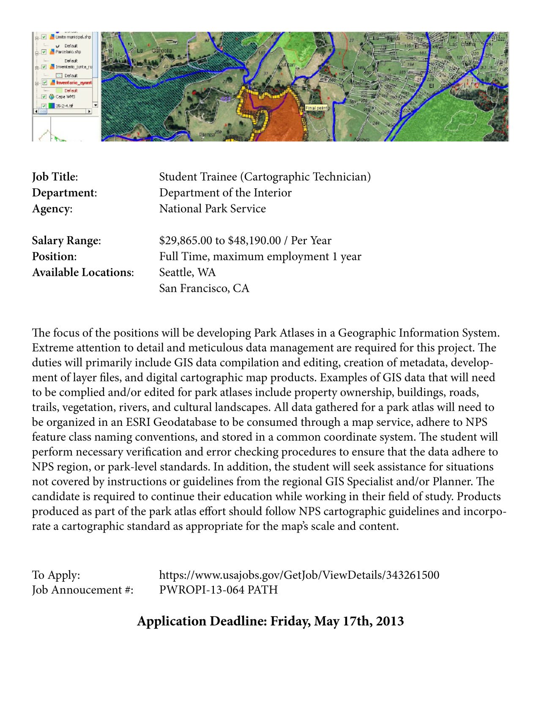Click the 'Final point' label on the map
[x=316, y=108]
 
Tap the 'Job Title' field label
[x=55, y=177]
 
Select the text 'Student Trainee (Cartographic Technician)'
[x=265, y=177]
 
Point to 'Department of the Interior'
[x=225, y=193]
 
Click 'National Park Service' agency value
[x=212, y=209]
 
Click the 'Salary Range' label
[x=66, y=240]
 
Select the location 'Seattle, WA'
[x=187, y=272]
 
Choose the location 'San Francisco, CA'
[x=204, y=288]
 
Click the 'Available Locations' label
[x=83, y=272]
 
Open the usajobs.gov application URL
[x=299, y=575]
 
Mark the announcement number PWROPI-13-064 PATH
[x=218, y=590]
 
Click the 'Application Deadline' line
[x=270, y=621]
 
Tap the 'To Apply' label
[x=56, y=575]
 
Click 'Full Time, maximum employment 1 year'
[x=260, y=257]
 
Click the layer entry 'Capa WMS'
[x=65, y=97]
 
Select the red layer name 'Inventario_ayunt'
[x=74, y=83]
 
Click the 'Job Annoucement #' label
[x=82, y=590]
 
